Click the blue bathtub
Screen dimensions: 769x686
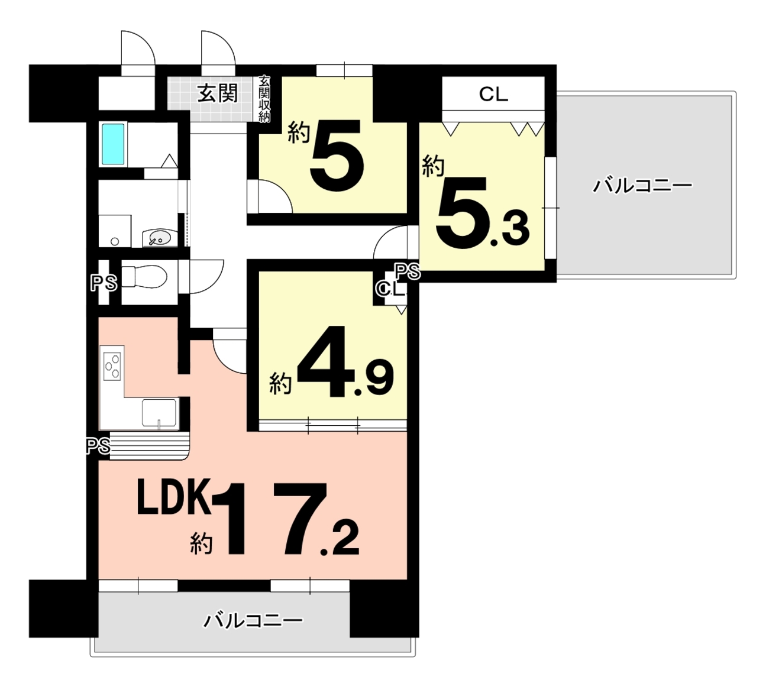click(x=113, y=144)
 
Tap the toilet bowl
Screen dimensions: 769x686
click(x=144, y=277)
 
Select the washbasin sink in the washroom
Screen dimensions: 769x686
click(x=159, y=238)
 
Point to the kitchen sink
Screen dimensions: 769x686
click(x=159, y=413)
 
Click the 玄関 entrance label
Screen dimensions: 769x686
click(x=218, y=93)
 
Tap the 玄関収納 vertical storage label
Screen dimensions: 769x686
click(x=264, y=99)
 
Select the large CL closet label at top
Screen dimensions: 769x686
click(x=493, y=95)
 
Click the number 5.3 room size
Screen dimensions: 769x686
click(x=482, y=214)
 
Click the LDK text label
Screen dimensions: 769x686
click(x=175, y=497)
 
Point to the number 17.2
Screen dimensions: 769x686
click(x=292, y=520)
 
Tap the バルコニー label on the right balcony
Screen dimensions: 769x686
click(x=642, y=186)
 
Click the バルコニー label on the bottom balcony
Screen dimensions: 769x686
click(x=253, y=621)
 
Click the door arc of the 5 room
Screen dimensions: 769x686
click(x=282, y=192)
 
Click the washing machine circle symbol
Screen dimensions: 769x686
click(x=115, y=241)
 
